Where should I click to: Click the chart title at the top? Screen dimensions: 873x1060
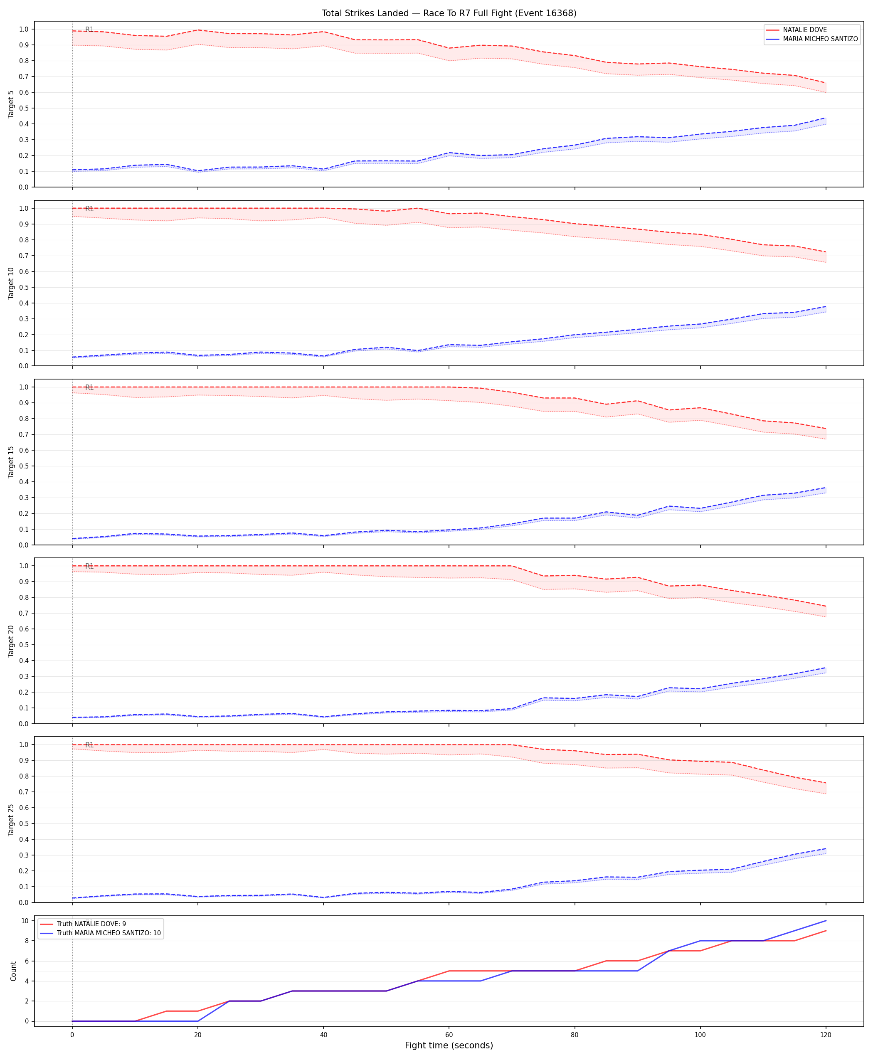coord(449,13)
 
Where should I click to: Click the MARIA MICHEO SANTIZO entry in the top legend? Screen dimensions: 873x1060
coord(820,39)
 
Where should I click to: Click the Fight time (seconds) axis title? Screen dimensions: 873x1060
coord(449,1045)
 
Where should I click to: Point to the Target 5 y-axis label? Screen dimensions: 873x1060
coord(12,104)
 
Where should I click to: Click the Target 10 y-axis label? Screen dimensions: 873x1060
coord(12,283)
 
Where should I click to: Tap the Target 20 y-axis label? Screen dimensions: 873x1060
coord(12,641)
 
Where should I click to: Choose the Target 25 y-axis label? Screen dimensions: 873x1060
coord(12,820)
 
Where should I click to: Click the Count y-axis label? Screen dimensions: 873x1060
coord(14,971)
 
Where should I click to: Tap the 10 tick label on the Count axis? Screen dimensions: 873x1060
coord(24,921)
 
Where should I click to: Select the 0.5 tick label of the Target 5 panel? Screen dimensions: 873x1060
coord(24,108)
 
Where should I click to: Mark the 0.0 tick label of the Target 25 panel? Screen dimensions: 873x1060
coord(24,902)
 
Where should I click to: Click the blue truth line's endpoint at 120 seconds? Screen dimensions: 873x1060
coord(826,921)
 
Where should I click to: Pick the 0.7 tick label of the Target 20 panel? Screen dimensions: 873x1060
coord(24,614)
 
